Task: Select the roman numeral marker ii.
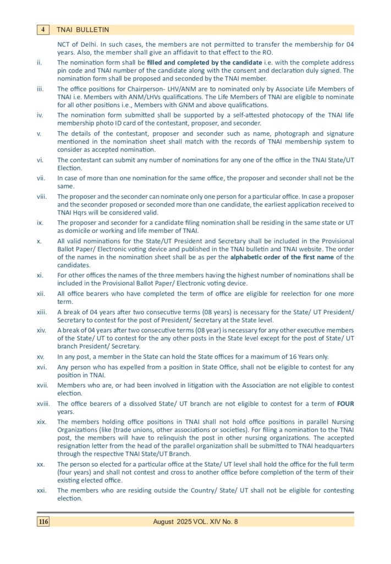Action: [39, 63]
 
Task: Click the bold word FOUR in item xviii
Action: [345, 404]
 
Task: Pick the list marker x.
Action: [38, 241]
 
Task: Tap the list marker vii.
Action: [40, 178]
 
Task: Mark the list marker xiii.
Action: [41, 312]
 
